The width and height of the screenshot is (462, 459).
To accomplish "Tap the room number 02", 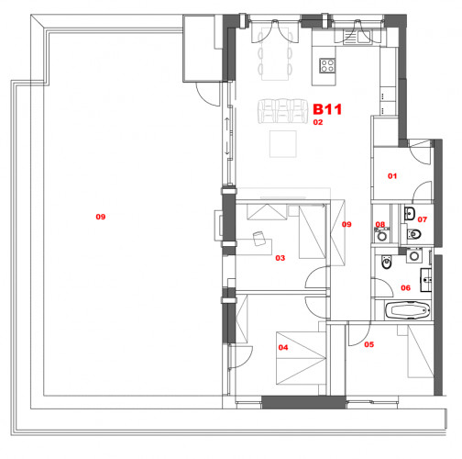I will tap(319, 121).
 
